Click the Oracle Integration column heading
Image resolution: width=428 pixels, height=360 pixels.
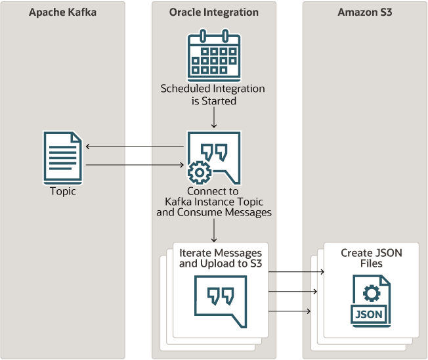click(213, 12)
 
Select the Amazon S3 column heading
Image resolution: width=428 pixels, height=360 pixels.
click(364, 12)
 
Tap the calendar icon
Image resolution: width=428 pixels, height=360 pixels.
click(213, 53)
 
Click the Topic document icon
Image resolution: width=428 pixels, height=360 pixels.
click(63, 157)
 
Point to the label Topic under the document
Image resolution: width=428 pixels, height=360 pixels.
click(63, 192)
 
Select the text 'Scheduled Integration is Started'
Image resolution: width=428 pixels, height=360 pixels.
click(213, 95)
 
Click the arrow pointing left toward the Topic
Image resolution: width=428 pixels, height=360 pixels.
click(135, 147)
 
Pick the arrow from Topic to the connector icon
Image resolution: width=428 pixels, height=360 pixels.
click(135, 166)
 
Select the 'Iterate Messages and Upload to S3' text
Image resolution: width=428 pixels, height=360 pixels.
click(221, 258)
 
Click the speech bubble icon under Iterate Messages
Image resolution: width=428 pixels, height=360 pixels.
click(221, 300)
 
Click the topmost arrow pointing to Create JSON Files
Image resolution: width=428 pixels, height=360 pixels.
click(297, 271)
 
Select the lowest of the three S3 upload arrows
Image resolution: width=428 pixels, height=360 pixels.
click(289, 311)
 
